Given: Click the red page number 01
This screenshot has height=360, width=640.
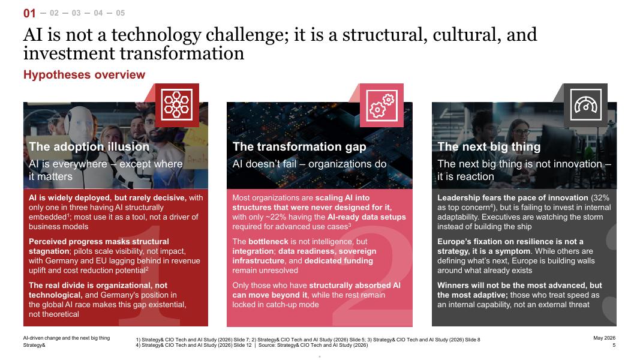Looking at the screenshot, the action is (29, 13).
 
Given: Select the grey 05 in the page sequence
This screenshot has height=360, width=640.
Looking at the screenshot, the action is (120, 13).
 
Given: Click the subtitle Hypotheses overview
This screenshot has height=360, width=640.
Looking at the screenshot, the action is (84, 74).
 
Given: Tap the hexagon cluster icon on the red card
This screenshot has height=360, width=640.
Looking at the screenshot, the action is (177, 104).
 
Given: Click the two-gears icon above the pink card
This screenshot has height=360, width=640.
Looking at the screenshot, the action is (381, 106).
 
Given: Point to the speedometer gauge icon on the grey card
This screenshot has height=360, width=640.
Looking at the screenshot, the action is (585, 105).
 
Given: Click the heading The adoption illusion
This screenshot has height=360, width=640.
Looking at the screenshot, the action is (89, 146).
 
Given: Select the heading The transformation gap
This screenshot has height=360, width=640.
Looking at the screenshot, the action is (299, 146).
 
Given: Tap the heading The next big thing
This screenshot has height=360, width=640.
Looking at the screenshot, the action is (489, 146).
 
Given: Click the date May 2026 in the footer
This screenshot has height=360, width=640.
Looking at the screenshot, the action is (604, 338).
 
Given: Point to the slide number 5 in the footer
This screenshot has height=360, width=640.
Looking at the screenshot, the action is (614, 346).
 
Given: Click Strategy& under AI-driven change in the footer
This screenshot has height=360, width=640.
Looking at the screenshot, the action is (34, 346).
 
